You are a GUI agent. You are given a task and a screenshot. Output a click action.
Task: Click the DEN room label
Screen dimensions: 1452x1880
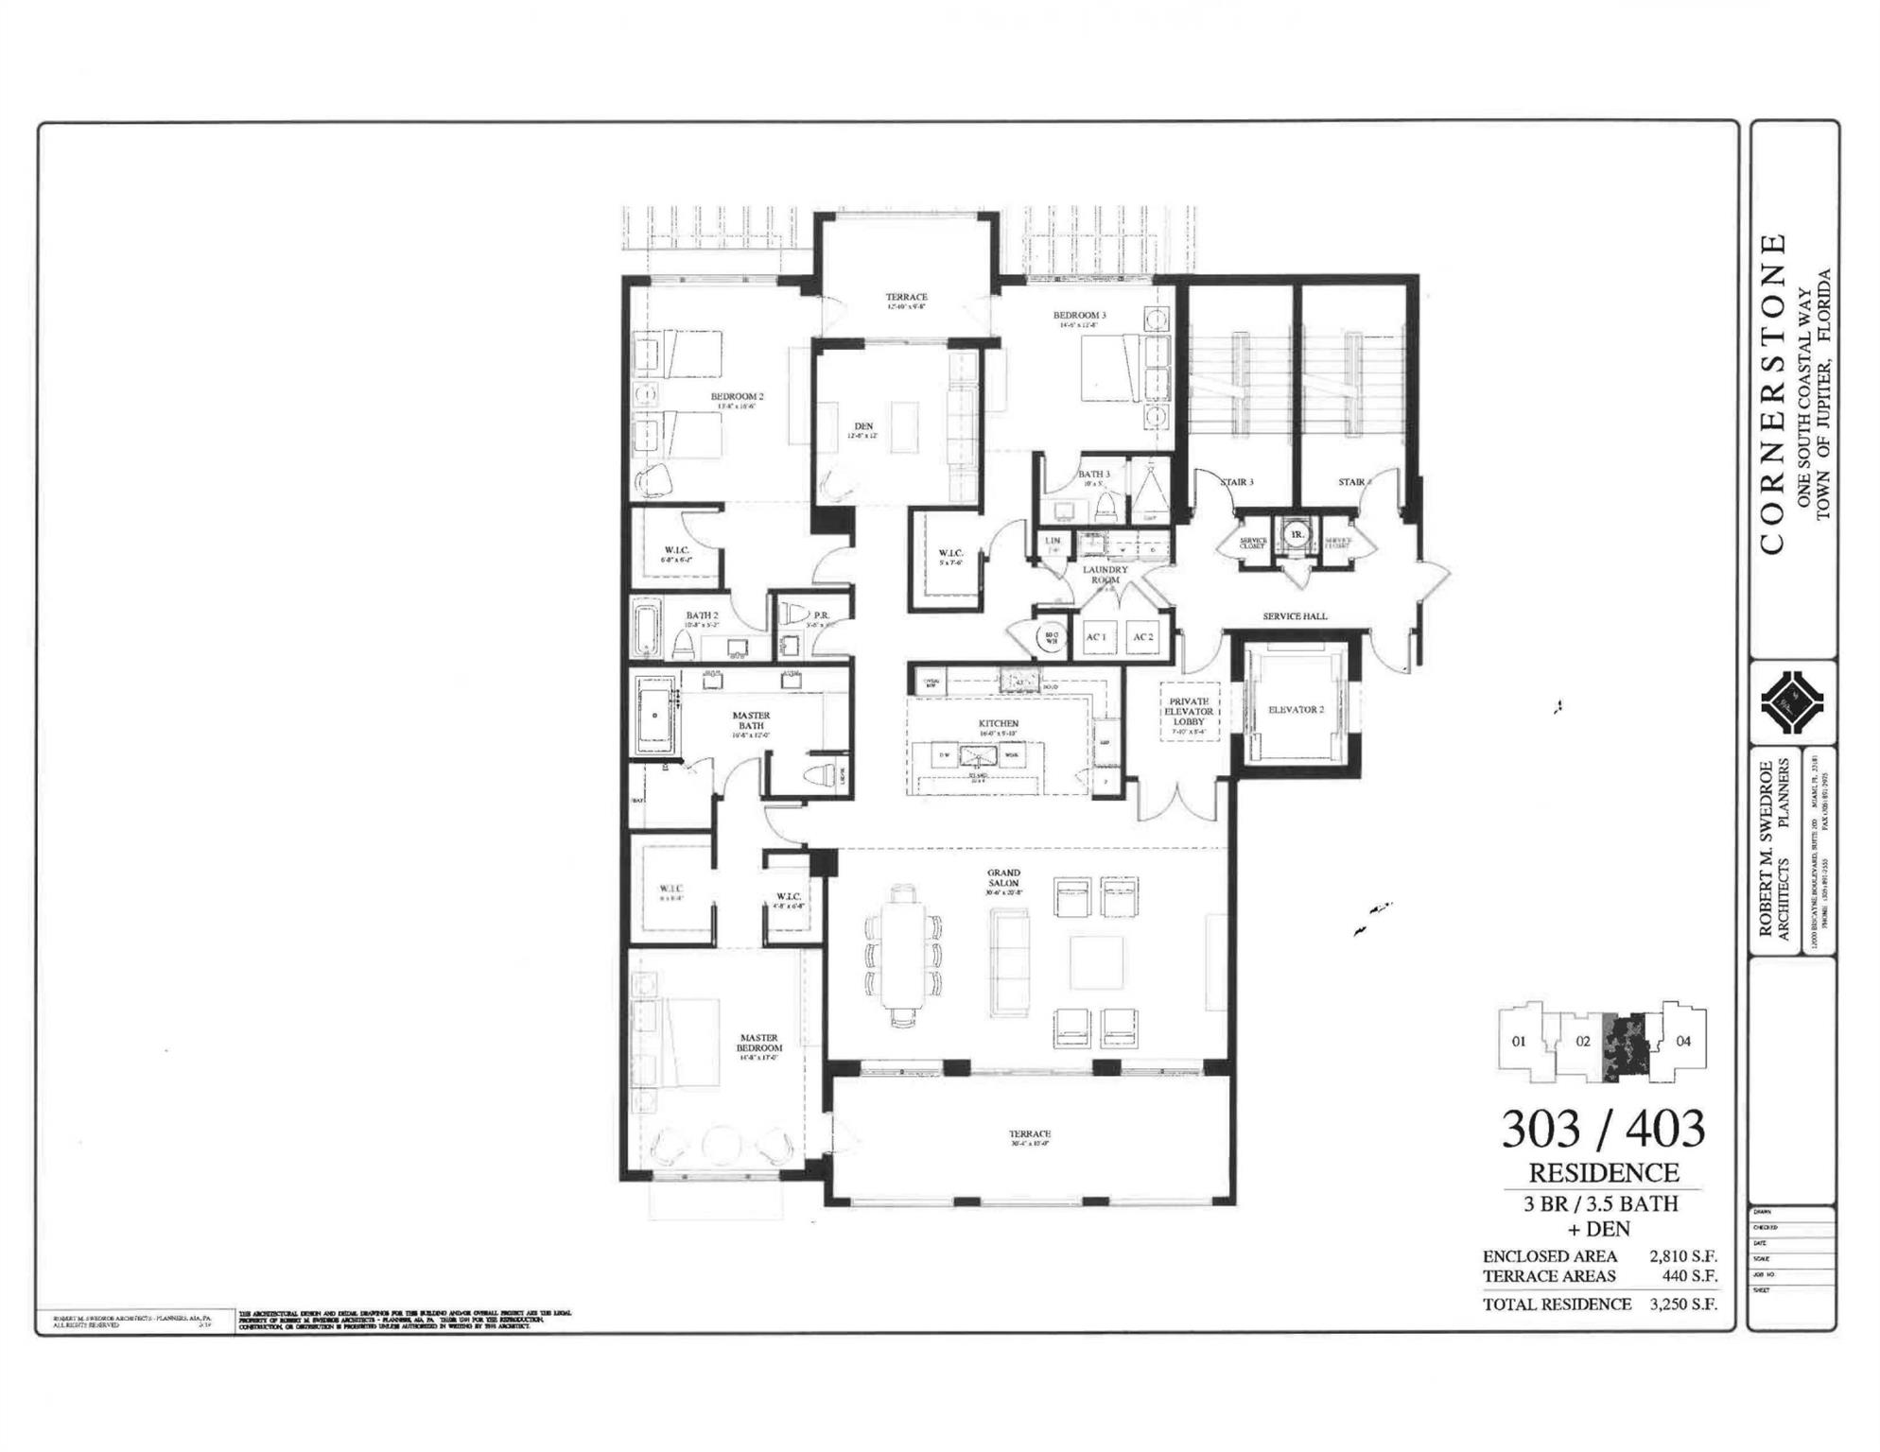(x=863, y=426)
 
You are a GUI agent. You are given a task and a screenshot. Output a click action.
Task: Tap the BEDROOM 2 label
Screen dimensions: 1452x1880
(x=737, y=396)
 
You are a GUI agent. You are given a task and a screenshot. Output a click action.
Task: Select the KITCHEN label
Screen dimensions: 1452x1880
(x=999, y=723)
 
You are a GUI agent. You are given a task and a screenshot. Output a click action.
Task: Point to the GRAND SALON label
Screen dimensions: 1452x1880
(x=1003, y=878)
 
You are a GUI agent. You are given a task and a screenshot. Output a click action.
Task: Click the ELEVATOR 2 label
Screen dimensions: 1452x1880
(x=1296, y=710)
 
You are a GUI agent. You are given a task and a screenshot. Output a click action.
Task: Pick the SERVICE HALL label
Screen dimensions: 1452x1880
(x=1295, y=616)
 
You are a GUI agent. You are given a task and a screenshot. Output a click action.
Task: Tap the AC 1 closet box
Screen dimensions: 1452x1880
(x=1096, y=637)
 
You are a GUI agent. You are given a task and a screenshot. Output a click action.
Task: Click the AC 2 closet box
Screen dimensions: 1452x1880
(x=1143, y=637)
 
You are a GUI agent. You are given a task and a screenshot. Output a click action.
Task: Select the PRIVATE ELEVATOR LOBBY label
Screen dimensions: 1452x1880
(x=1189, y=712)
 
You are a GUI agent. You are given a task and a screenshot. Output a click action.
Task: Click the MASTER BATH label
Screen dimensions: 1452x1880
(x=751, y=720)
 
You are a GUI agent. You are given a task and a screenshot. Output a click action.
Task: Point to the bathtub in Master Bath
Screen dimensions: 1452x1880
(x=654, y=716)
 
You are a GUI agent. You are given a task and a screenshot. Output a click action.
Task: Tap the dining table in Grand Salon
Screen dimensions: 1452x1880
(x=903, y=955)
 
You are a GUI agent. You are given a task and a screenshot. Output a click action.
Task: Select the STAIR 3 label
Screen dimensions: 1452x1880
(x=1236, y=482)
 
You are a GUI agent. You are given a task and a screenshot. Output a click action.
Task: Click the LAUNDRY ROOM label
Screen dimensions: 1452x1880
(x=1105, y=575)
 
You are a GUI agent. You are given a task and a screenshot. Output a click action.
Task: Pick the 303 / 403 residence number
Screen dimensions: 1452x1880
(x=1603, y=1129)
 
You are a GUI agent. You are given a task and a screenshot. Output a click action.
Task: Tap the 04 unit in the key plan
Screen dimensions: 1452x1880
(x=1683, y=1041)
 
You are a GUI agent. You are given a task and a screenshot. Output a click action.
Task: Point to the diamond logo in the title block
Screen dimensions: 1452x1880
(x=1793, y=702)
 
